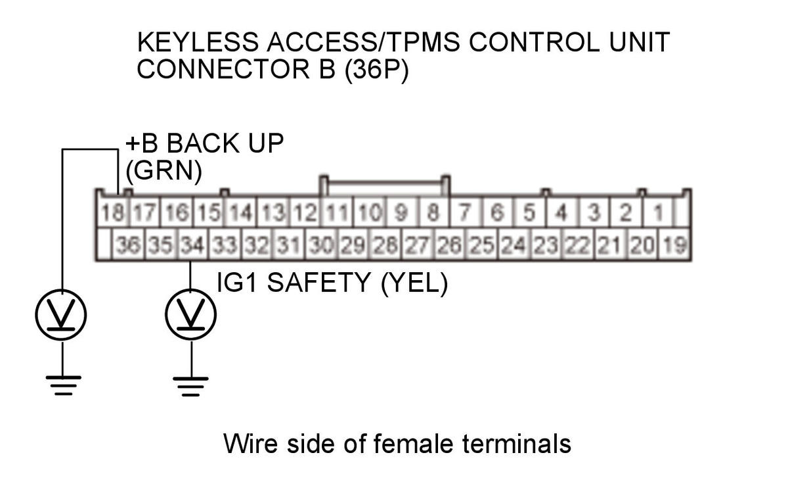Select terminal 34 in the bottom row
pyautogui.click(x=192, y=246)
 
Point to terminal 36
pyautogui.click(x=128, y=246)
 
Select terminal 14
pyautogui.click(x=241, y=213)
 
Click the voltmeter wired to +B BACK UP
pyautogui.click(x=62, y=316)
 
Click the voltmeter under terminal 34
pyautogui.click(x=191, y=316)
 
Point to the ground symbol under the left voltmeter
pyautogui.click(x=63, y=384)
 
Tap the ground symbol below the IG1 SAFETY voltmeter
pyautogui.click(x=191, y=385)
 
